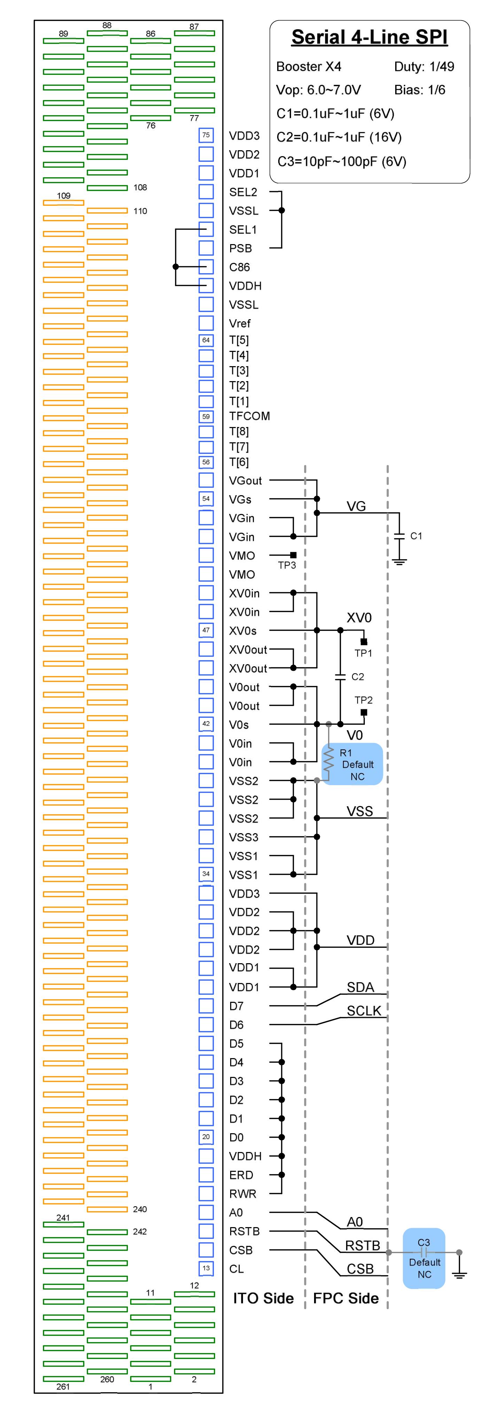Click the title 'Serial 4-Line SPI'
tap(369, 37)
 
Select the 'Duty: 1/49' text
tap(423, 67)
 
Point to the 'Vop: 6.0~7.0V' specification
tap(318, 90)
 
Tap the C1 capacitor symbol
tap(399, 535)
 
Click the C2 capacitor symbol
tap(340, 677)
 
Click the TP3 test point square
tap(293, 555)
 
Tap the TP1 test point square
tap(363, 642)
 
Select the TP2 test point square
tap(363, 712)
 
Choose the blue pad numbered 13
tap(206, 1268)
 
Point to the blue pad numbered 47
tap(206, 630)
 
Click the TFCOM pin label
tap(249, 416)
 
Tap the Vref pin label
tap(240, 323)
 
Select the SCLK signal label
tap(364, 1010)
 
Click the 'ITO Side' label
tap(263, 1298)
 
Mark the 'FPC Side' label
tap(346, 1298)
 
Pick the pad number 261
tap(63, 1386)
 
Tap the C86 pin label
tap(240, 267)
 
